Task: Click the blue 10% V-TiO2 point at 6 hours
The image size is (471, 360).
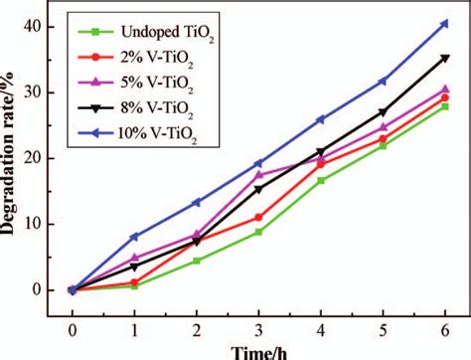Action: pyautogui.click(x=443, y=23)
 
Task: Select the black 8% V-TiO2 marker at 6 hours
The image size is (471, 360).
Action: pyautogui.click(x=443, y=59)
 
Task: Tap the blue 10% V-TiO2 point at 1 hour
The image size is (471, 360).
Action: pyautogui.click(x=134, y=237)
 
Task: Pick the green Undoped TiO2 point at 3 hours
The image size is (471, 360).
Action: pyautogui.click(x=257, y=232)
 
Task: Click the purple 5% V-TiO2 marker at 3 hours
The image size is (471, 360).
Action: pyautogui.click(x=257, y=174)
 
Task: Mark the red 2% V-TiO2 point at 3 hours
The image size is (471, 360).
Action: pyautogui.click(x=257, y=217)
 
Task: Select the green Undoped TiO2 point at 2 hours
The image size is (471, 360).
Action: pyautogui.click(x=196, y=261)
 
